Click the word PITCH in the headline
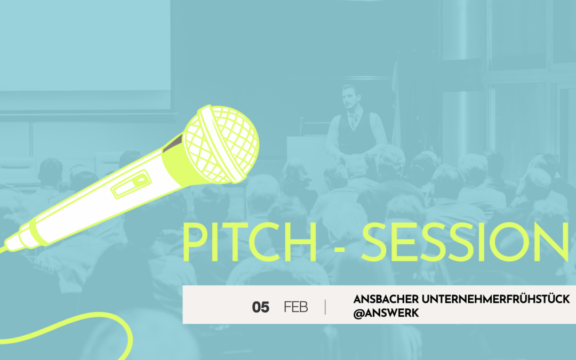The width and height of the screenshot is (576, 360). click(250, 242)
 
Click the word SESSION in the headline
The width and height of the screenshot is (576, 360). click(466, 242)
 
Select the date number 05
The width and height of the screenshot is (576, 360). click(260, 307)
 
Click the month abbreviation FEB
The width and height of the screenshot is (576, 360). click(295, 307)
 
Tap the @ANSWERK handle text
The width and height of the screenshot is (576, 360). click(386, 314)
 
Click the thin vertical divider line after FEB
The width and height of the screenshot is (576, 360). click(325, 307)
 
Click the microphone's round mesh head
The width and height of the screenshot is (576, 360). click(221, 144)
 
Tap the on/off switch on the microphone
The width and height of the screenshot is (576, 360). click(131, 184)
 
